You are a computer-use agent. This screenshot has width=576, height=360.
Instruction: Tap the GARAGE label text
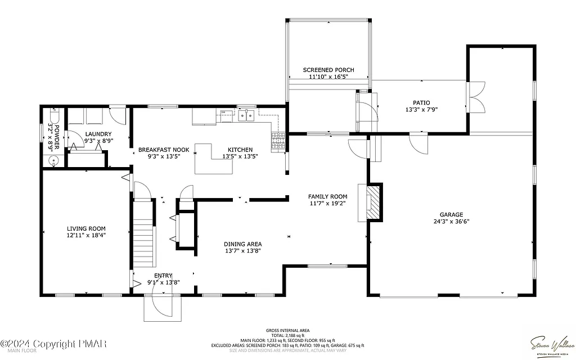coord(451,214)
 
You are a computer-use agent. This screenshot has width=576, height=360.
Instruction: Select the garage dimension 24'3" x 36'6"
coord(451,222)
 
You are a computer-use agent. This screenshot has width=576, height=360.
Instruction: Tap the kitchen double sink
coord(246,116)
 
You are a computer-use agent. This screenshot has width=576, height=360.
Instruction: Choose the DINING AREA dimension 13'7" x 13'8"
coord(243,251)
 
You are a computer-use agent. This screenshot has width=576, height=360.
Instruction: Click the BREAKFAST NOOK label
coord(164,150)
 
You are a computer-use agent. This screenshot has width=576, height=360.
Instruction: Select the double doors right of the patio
coord(476,97)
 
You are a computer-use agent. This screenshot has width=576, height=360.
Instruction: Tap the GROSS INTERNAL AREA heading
coord(287,331)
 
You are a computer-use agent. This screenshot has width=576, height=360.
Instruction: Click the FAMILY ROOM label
coord(327,196)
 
